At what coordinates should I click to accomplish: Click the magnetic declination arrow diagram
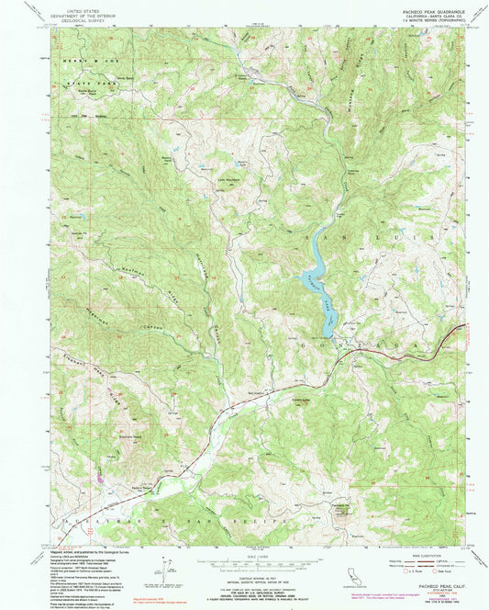pyautogui.click(x=168, y=570)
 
